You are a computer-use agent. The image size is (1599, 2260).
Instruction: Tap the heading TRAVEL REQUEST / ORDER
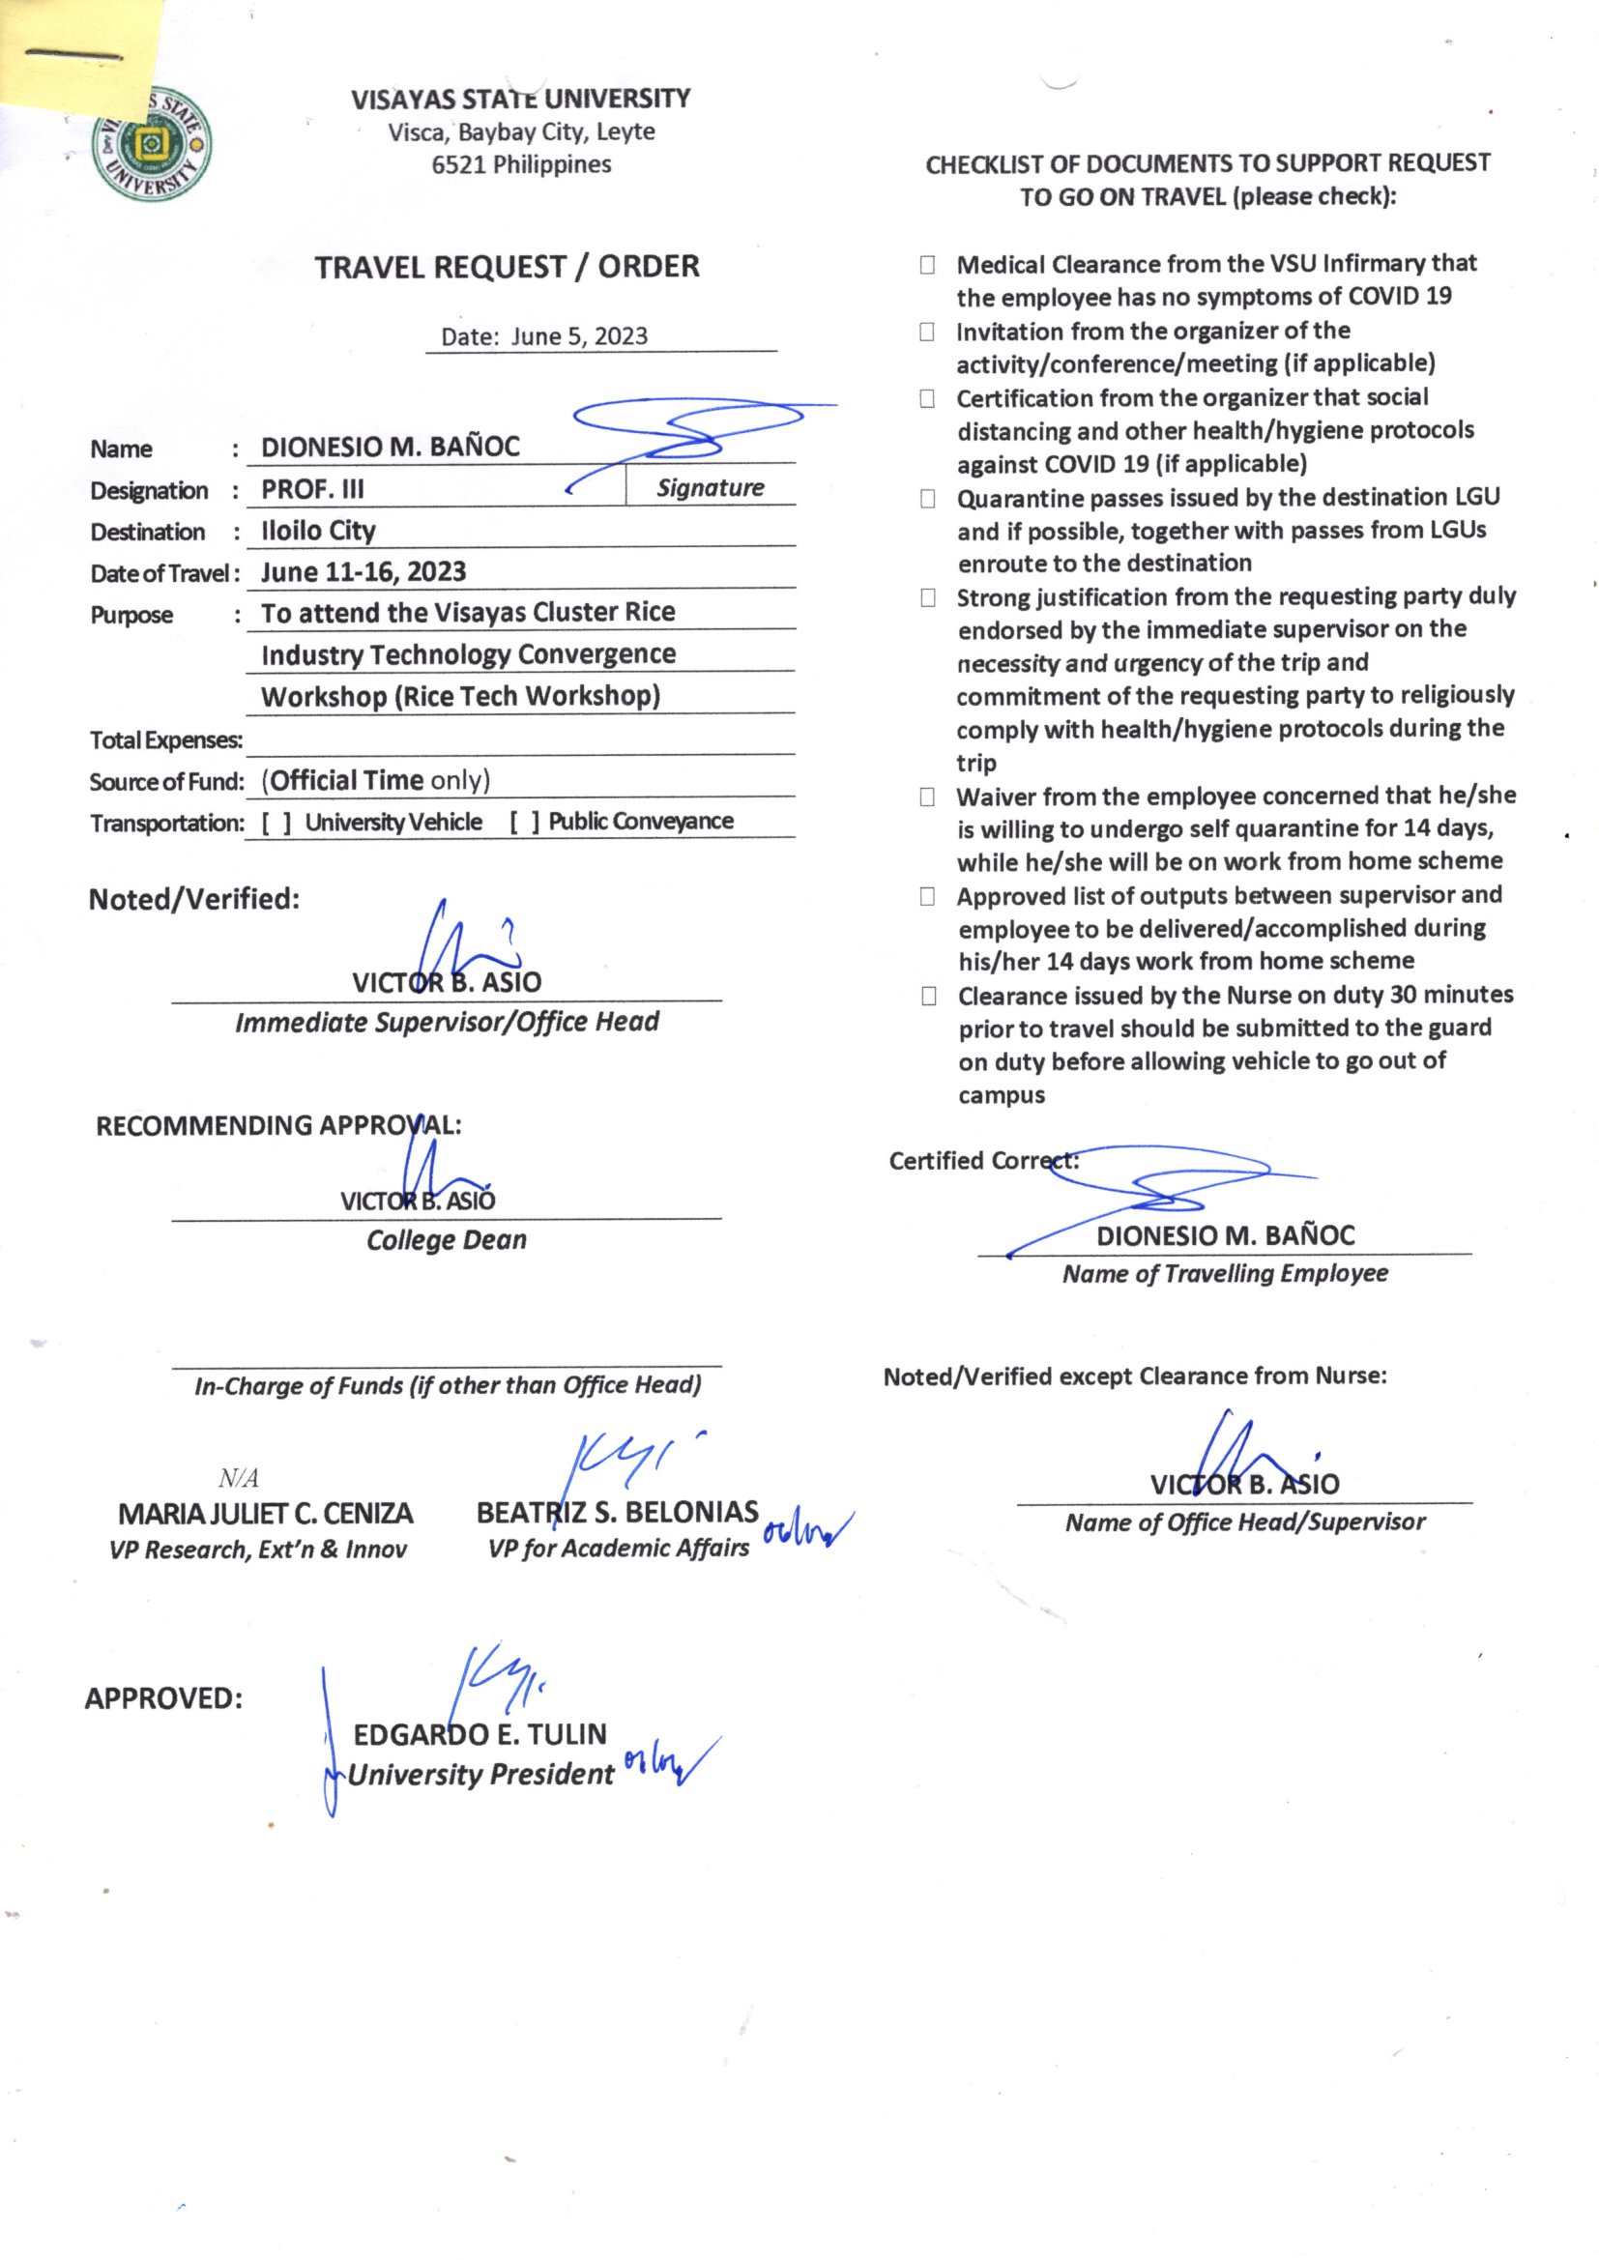tap(508, 267)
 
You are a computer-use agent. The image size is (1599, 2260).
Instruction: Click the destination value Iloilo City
tap(318, 531)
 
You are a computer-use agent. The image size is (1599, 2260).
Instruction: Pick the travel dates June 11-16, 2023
tap(363, 572)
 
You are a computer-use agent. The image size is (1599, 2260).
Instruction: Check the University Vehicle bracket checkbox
tap(276, 823)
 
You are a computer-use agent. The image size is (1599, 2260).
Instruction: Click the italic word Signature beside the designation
tap(710, 488)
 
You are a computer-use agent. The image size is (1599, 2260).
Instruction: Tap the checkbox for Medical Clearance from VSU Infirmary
tap(927, 265)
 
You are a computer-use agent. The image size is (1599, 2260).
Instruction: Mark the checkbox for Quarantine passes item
tap(927, 499)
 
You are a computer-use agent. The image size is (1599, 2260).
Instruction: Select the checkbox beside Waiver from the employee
tap(927, 797)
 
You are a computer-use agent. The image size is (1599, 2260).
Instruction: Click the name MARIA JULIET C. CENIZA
tap(265, 1514)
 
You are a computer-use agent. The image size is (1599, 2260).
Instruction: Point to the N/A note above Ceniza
tap(238, 1477)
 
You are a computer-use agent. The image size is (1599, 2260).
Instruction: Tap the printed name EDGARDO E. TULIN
tap(480, 1734)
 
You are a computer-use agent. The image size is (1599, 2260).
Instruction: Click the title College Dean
tap(446, 1240)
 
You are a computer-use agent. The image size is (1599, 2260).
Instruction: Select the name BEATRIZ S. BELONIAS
tap(618, 1512)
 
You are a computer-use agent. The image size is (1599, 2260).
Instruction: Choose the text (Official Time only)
tap(375, 781)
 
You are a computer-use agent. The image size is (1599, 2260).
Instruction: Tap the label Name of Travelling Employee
tap(1225, 1274)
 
